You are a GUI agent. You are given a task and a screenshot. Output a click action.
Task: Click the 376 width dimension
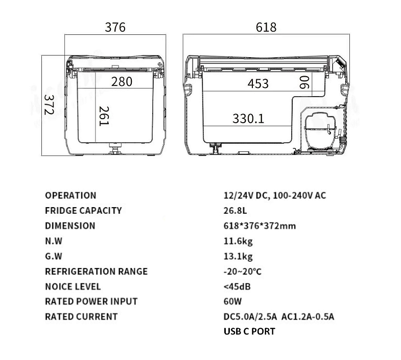point(115,27)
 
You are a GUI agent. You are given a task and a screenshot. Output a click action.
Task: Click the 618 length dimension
point(266,27)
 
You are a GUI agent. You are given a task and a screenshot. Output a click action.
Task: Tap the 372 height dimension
point(49,105)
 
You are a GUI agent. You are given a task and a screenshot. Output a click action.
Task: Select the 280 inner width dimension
point(122,82)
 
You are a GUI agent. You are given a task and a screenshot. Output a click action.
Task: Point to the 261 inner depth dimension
point(104,116)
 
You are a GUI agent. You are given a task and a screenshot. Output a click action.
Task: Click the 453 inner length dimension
point(258,83)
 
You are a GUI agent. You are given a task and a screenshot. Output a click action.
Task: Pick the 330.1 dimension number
point(248,119)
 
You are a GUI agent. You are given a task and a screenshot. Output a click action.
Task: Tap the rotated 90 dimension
point(304,82)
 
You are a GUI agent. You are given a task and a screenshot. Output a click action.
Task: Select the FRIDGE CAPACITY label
point(83,211)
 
